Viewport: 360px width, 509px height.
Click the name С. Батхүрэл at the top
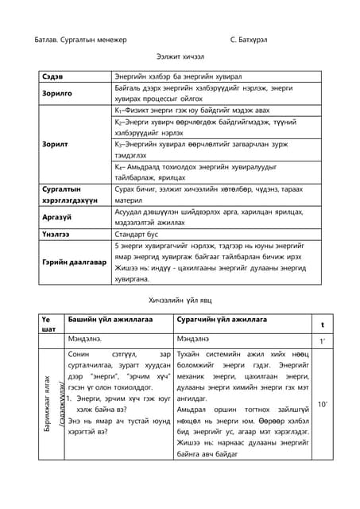pos(256,39)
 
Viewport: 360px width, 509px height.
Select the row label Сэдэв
pos(52,77)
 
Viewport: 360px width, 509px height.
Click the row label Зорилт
pos(54,146)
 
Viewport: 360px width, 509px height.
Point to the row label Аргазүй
pos(58,216)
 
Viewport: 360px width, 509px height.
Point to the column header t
pos(322,325)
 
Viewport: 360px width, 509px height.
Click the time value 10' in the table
pos(322,405)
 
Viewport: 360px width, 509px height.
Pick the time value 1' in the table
pos(322,340)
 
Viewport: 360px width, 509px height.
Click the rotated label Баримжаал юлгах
pos(48,405)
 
